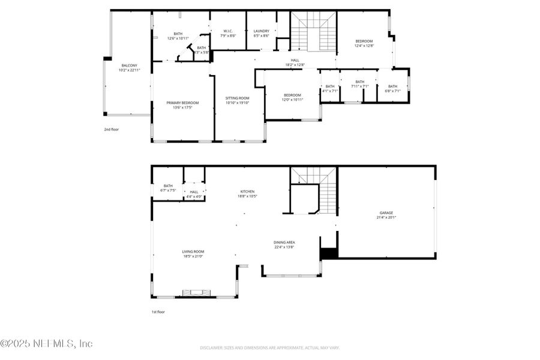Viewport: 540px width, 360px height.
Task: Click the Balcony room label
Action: point(129,68)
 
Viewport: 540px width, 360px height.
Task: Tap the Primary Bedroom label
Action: point(182,105)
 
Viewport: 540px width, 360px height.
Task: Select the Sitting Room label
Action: point(237,100)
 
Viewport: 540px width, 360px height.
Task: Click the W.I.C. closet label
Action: point(228,33)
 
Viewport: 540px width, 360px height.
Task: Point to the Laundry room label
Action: point(261,33)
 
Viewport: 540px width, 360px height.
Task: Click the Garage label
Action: point(386,215)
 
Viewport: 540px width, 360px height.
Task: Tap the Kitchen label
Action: point(248,193)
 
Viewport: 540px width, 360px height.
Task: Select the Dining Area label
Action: point(284,244)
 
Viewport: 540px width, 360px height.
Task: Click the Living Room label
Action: point(193,254)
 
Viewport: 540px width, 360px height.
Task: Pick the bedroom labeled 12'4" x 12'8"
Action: point(364,43)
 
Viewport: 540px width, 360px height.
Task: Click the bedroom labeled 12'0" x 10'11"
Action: point(292,97)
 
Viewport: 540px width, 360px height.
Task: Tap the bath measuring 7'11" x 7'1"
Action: point(359,84)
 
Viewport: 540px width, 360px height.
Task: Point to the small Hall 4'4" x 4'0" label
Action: point(194,194)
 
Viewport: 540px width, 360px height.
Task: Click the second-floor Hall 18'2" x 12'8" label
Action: point(295,62)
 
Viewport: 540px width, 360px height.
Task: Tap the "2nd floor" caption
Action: point(111,129)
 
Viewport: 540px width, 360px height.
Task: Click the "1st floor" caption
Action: point(158,312)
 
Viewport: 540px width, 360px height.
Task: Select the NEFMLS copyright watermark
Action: point(47,344)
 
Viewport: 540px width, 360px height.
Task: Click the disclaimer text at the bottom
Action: point(270,347)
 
